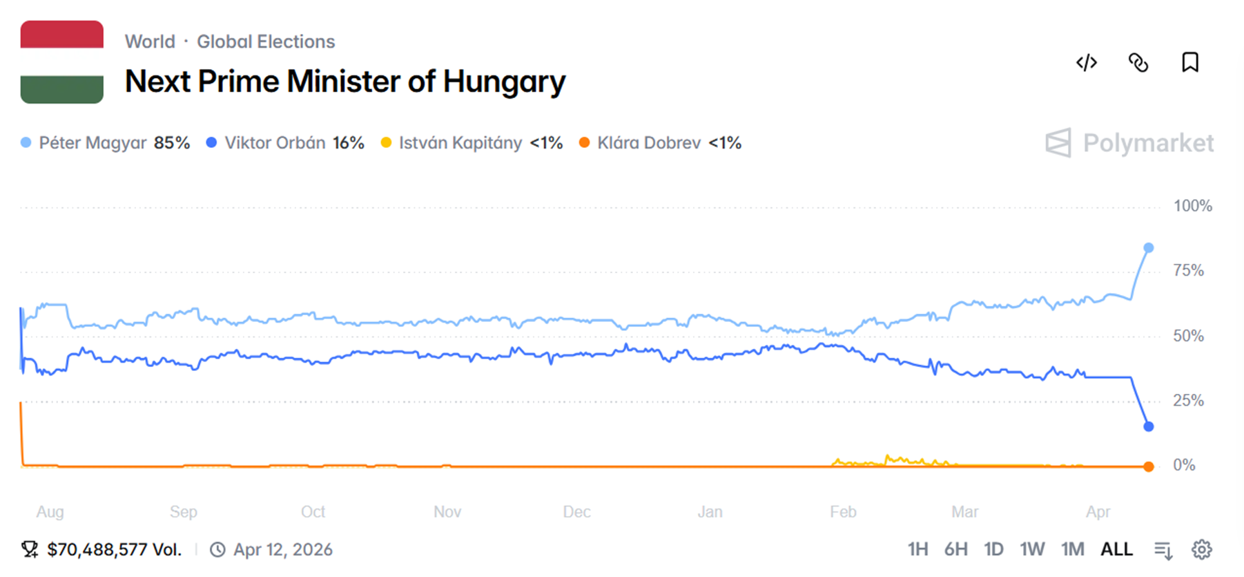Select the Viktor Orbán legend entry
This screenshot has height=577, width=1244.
pos(284,143)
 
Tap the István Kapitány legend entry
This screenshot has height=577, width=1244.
pos(472,143)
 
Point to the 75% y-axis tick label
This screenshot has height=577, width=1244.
pos(1188,271)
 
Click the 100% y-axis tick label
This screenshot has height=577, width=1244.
pos(1192,206)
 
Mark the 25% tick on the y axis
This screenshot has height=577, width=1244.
pos(1188,401)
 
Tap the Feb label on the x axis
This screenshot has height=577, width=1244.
pos(843,512)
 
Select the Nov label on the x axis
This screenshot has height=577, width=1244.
pos(447,512)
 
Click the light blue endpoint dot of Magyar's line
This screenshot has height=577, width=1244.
pos(1149,248)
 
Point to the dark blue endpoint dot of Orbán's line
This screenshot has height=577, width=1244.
pos(1149,426)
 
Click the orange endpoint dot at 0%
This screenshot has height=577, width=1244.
pos(1149,467)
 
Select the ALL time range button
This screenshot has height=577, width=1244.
pos(1116,549)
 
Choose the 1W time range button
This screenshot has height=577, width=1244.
pos(1032,549)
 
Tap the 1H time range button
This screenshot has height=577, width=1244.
pos(917,549)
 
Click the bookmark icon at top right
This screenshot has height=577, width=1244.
pos(1190,63)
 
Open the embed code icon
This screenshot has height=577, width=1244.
pos(1087,63)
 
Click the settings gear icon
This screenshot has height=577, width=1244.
pos(1202,549)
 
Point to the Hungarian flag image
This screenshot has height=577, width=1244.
pos(62,62)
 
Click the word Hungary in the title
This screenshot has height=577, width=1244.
pos(504,82)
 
